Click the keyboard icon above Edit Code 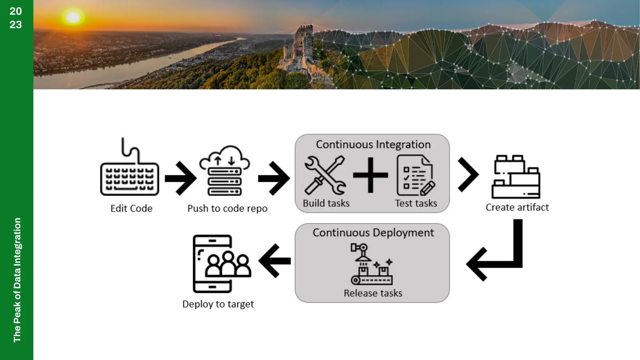pos(129,175)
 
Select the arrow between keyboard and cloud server pos(181,178)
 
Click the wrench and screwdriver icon pos(325,175)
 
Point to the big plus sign pos(370,175)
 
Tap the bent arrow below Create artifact pos(500,256)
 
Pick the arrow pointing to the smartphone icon pos(275,261)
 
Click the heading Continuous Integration pos(373,145)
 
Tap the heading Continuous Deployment pos(373,233)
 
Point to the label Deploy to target pos(218,304)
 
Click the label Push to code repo pos(227,208)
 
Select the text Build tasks pos(326,203)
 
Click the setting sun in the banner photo pos(73,17)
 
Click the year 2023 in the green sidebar pos(16,18)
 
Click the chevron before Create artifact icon pos(468,175)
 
